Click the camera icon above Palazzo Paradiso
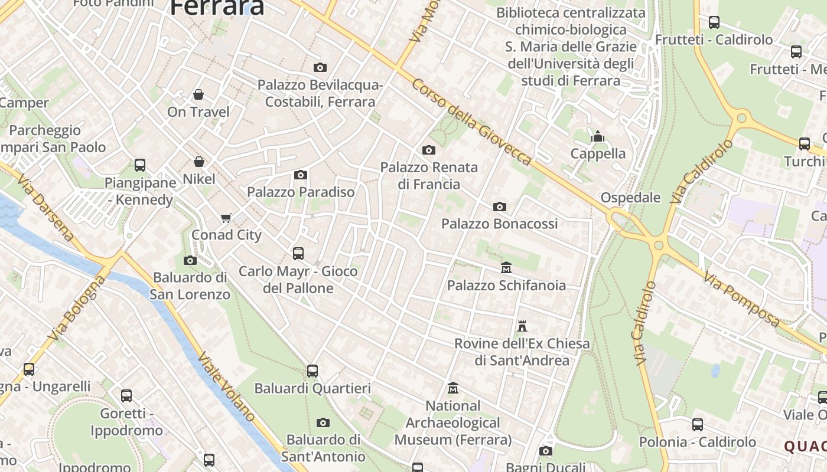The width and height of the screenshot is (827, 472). pyautogui.click(x=301, y=175)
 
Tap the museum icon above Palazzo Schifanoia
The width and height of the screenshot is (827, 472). pyautogui.click(x=506, y=268)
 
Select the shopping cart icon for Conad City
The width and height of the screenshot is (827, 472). pyautogui.click(x=226, y=218)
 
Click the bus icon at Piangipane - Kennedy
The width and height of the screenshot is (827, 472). pyautogui.click(x=140, y=165)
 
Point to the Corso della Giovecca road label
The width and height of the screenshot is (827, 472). pyautogui.click(x=472, y=122)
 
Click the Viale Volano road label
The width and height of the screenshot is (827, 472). pyautogui.click(x=227, y=386)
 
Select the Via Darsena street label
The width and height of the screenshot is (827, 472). pyautogui.click(x=46, y=208)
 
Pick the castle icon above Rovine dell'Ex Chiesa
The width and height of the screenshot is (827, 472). pyautogui.click(x=522, y=326)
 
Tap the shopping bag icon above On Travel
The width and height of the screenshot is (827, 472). pyautogui.click(x=198, y=94)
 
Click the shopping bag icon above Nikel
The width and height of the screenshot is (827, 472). pyautogui.click(x=199, y=162)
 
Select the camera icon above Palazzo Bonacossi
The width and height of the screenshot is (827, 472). pyautogui.click(x=500, y=206)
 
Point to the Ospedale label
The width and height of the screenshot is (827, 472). pyautogui.click(x=630, y=198)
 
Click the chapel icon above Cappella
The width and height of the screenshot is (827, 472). pyautogui.click(x=598, y=137)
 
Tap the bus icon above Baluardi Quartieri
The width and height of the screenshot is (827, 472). pyautogui.click(x=312, y=371)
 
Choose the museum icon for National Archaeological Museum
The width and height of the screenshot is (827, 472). pyautogui.click(x=453, y=388)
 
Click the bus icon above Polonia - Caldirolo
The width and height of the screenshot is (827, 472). pyautogui.click(x=698, y=425)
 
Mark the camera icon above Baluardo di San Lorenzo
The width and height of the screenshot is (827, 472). pyautogui.click(x=190, y=260)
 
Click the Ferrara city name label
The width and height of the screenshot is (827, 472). pyautogui.click(x=217, y=7)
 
